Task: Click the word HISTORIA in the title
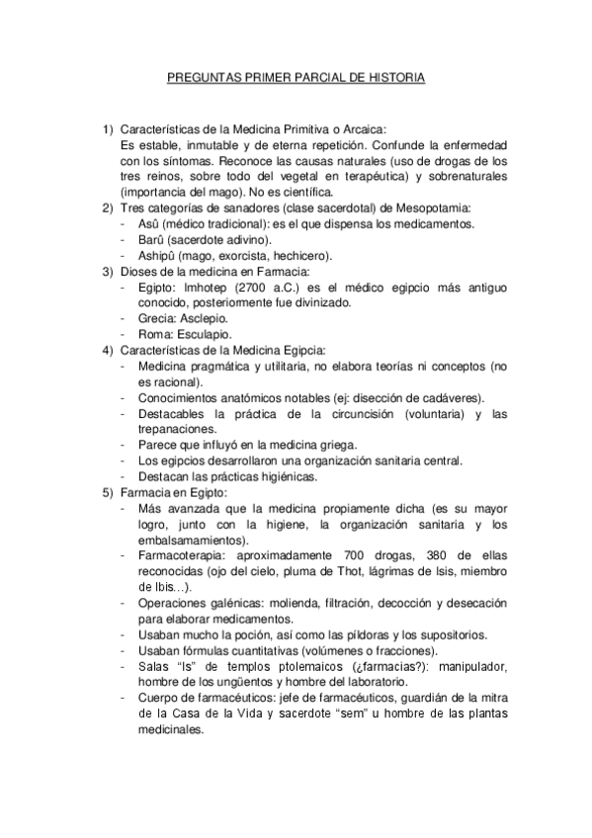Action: [393, 76]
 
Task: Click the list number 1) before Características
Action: [109, 128]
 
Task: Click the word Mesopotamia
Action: [436, 208]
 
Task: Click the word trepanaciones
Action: [176, 429]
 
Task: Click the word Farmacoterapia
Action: [182, 555]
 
